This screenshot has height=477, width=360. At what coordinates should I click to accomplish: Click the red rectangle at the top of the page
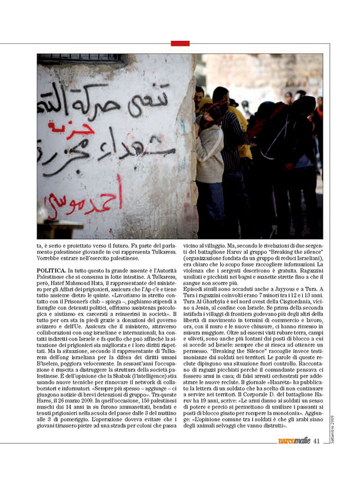pyautogui.click(x=180, y=43)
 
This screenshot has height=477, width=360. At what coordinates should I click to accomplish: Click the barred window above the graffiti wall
pyautogui.click(x=83, y=58)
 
